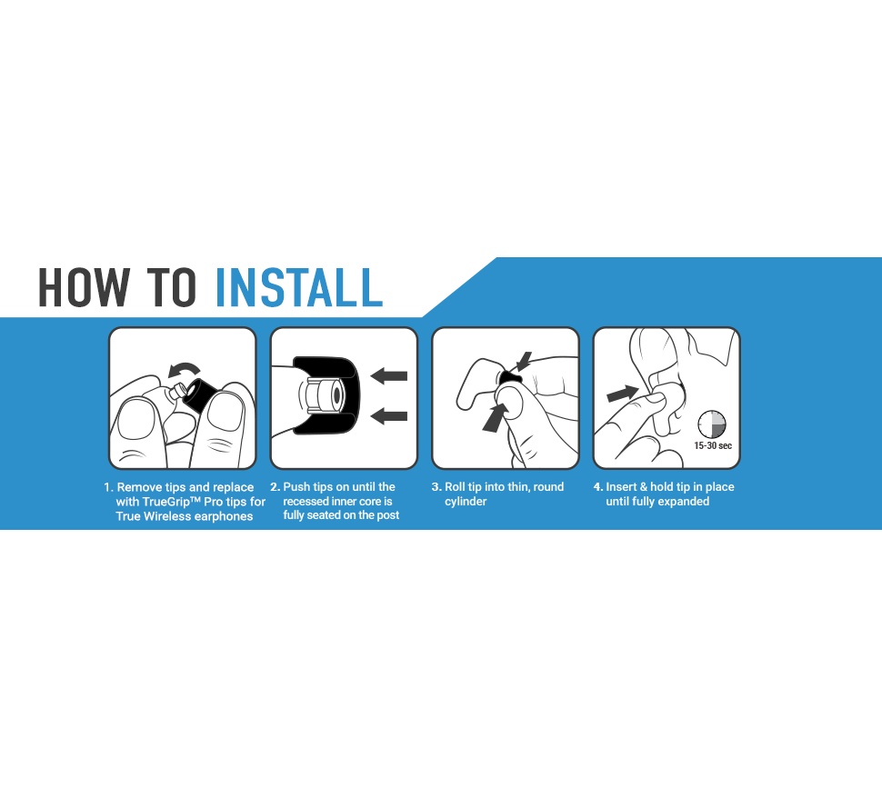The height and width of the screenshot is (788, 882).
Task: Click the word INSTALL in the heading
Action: (x=298, y=287)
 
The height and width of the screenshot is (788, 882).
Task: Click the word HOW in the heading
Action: (x=84, y=287)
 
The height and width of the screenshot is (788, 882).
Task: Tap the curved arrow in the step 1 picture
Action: (x=184, y=370)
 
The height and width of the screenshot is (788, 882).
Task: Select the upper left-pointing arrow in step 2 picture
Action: (x=389, y=375)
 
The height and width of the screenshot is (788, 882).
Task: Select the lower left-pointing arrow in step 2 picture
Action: (x=389, y=416)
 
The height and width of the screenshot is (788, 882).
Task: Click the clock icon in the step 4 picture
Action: (x=712, y=424)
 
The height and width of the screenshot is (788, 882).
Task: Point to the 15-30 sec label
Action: (x=713, y=445)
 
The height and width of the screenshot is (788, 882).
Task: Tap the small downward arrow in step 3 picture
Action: (x=523, y=362)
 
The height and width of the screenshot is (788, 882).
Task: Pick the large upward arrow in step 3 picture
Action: (x=495, y=417)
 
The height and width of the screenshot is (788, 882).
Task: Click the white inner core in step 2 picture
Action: (x=326, y=394)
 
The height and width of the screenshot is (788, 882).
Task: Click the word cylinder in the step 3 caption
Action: (x=466, y=502)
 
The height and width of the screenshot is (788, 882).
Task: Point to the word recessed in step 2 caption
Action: (x=306, y=502)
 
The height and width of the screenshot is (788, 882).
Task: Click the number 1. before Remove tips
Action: (x=108, y=487)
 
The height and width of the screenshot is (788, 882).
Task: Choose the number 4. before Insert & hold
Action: (x=598, y=487)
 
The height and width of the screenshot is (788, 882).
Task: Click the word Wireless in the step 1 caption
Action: (x=167, y=516)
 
